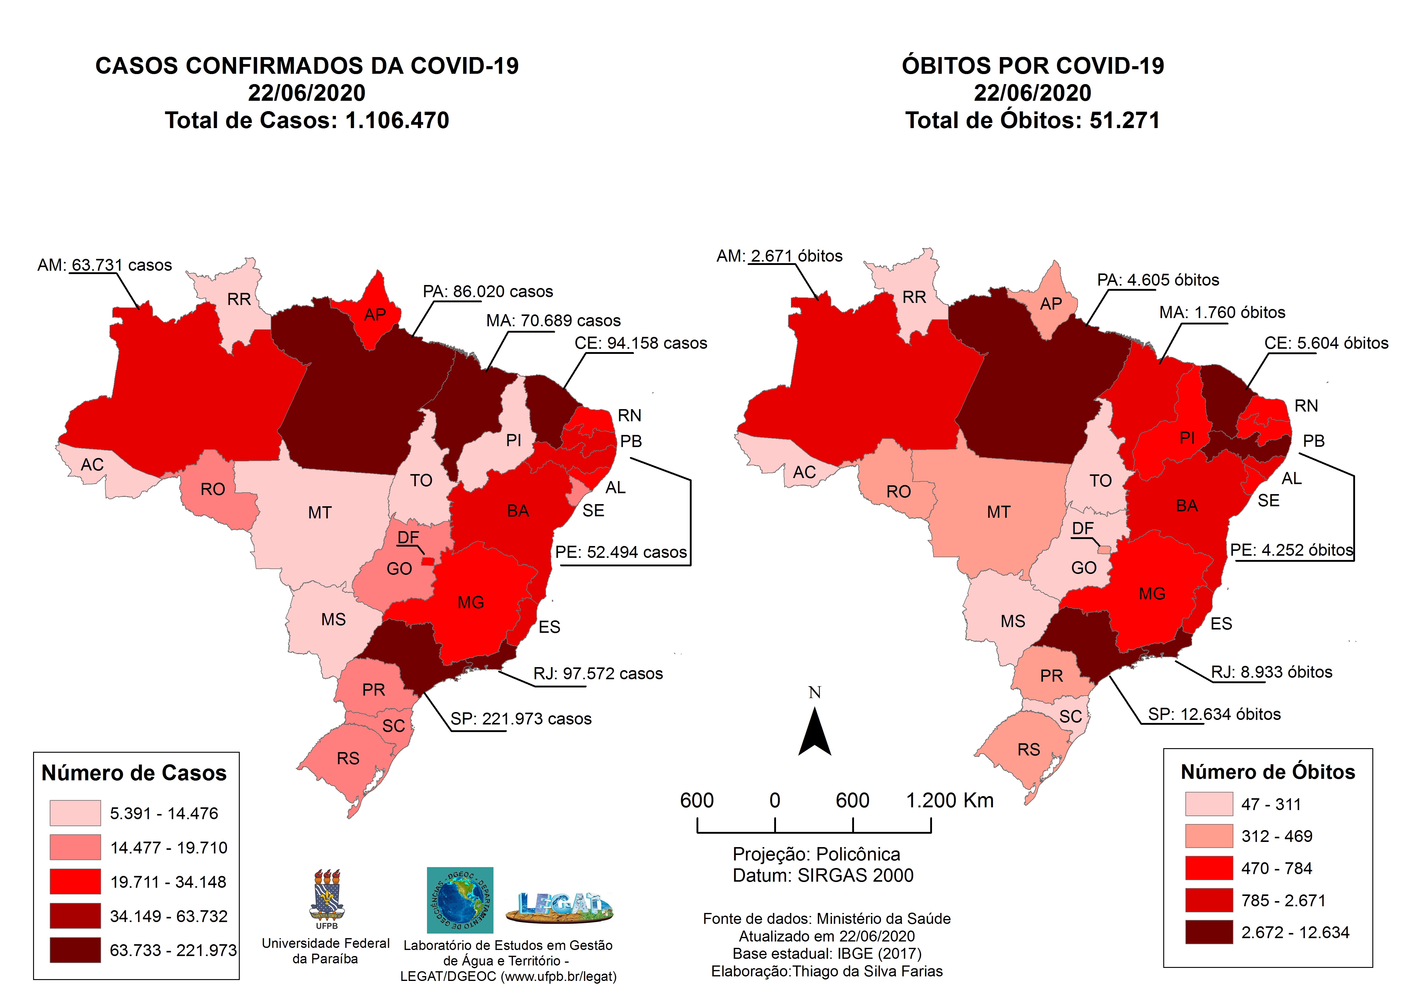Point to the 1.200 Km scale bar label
[949, 800]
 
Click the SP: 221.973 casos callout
[521, 719]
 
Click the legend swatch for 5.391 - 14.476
[76, 813]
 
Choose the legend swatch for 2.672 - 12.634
[1208, 932]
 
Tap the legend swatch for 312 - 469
[1208, 836]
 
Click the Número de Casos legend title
[134, 773]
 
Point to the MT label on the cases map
[320, 513]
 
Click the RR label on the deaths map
[914, 297]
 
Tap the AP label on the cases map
[375, 315]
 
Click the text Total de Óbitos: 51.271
[1032, 120]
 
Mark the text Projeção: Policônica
[816, 854]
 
